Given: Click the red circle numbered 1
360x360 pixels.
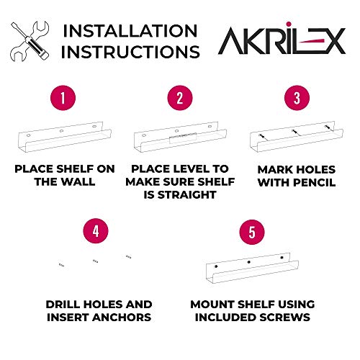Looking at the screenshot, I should pos(63,98).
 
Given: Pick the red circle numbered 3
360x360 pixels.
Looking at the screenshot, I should pos(293,98).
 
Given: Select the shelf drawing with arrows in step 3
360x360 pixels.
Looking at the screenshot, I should pos(293,139).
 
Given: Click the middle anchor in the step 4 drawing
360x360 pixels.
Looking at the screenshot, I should pos(94,261).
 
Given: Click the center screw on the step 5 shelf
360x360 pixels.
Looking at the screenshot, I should pos(248,261).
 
